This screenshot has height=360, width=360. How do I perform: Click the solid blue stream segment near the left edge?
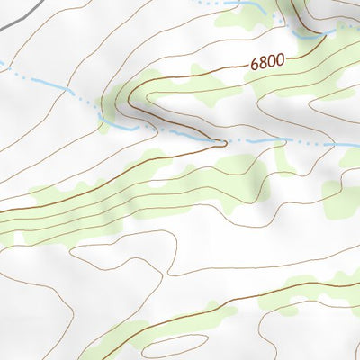point(45,82)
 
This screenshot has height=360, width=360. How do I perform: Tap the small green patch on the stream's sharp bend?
point(104,122)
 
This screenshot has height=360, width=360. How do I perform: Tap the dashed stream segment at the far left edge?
point(7,65)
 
